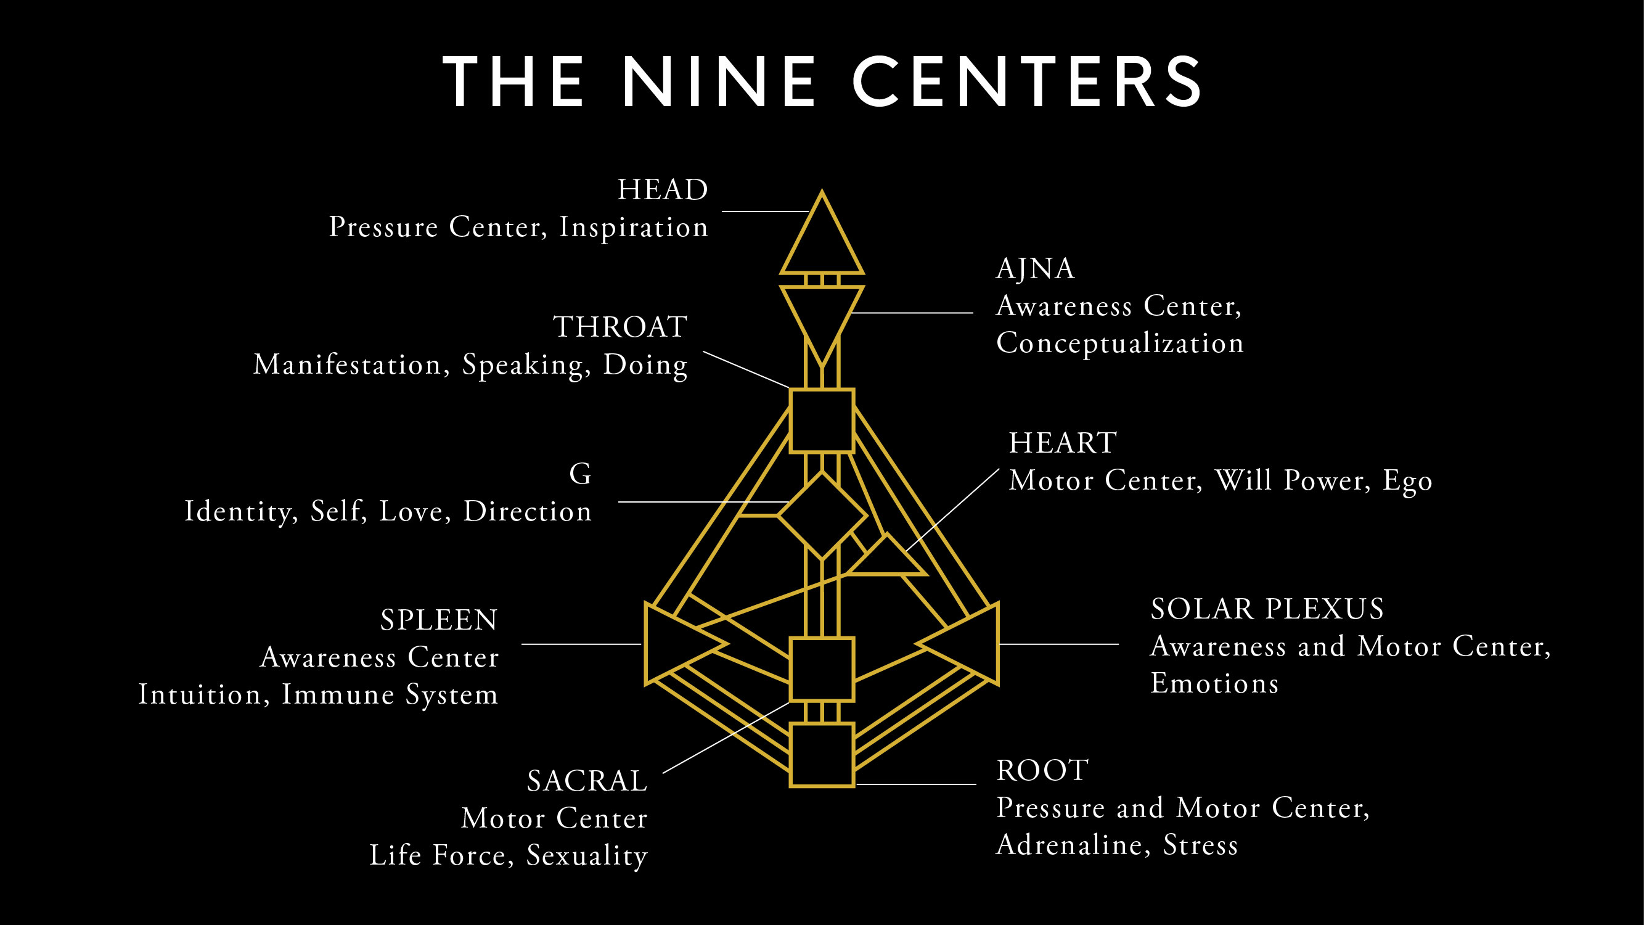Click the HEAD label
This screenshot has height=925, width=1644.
[x=663, y=189]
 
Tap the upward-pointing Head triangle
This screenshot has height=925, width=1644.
[x=822, y=242]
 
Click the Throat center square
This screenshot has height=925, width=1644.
[x=822, y=421]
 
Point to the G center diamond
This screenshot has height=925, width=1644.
[x=822, y=515]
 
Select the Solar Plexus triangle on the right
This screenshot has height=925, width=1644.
[x=970, y=643]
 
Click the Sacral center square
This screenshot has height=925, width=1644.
[x=822, y=669]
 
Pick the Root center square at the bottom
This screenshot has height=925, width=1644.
[x=822, y=755]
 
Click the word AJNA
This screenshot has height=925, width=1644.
[x=1035, y=269]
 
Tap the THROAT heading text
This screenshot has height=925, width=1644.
[x=620, y=327]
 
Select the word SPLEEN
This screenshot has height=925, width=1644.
[x=439, y=620]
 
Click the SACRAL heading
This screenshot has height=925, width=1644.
[x=587, y=781]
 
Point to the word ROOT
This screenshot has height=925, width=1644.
[x=1042, y=770]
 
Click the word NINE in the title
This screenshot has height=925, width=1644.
[x=719, y=82]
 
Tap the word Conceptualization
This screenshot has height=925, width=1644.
[x=1120, y=343]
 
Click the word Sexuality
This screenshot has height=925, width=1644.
[x=586, y=856]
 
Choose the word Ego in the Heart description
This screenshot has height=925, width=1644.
[x=1407, y=482]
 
